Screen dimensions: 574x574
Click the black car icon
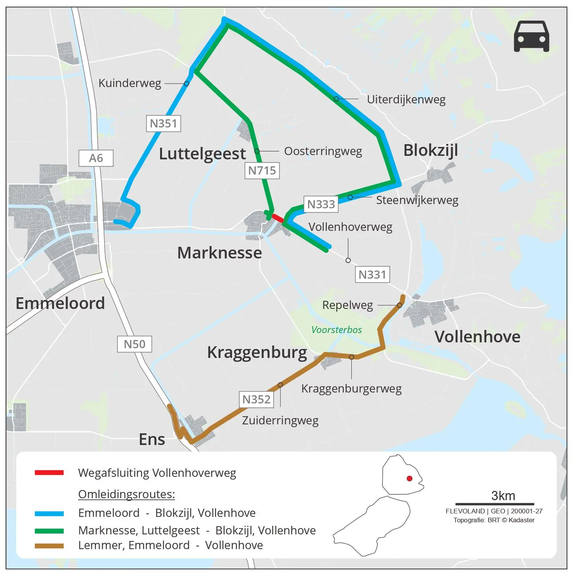[x=531, y=36]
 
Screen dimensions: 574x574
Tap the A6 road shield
[x=96, y=158]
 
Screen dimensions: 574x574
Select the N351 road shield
[x=163, y=124]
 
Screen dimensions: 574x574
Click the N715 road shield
[x=262, y=171]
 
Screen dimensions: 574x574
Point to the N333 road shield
[x=321, y=204]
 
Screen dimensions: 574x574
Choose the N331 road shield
[x=372, y=275]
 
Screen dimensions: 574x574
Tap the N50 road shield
[x=134, y=344]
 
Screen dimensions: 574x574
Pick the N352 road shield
[x=256, y=400]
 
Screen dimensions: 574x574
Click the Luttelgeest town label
[x=202, y=154]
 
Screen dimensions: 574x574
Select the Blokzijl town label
[x=431, y=150]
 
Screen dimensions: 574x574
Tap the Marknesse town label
[x=220, y=253]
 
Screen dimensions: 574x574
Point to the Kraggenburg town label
[x=257, y=352]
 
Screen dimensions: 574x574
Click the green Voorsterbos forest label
[x=337, y=330]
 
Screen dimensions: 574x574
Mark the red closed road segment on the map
[x=277, y=218]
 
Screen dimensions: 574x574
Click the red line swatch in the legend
[x=49, y=473]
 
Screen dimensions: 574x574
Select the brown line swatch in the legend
[x=49, y=546]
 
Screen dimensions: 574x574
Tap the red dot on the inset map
[x=409, y=478]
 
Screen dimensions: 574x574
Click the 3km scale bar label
[x=503, y=496]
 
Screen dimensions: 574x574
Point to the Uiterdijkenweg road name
[x=406, y=99]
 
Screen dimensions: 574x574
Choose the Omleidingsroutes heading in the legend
[x=127, y=494]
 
